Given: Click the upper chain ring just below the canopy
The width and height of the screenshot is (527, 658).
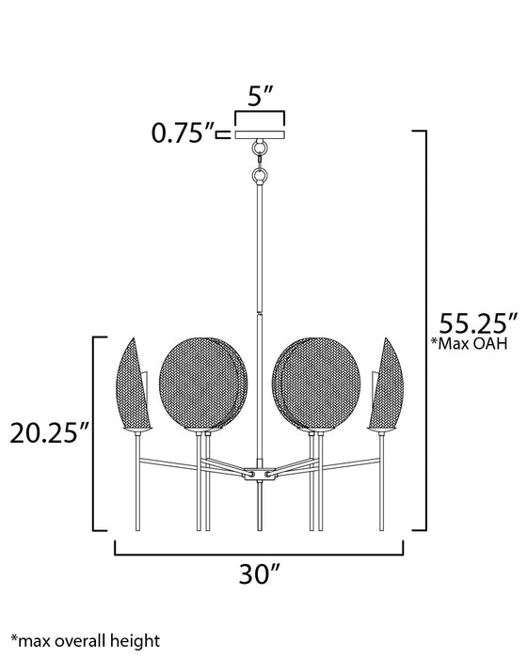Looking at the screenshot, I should tap(259, 153).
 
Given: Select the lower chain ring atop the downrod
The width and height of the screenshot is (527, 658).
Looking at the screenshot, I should tap(259, 175).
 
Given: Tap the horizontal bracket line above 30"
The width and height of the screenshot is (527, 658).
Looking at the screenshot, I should tap(260, 553).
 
